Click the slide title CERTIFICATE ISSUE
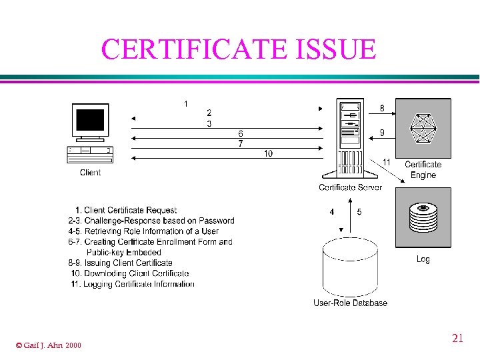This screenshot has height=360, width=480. coord(239,49)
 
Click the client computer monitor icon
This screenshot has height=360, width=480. coord(90,121)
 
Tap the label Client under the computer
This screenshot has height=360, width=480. coord(90,173)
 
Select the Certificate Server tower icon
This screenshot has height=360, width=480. coord(350,140)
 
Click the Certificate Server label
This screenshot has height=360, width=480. coord(351,187)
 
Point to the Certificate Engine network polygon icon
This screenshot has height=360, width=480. coord(423,128)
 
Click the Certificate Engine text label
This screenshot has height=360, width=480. coord(423,169)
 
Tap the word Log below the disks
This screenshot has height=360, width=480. coord(423,259)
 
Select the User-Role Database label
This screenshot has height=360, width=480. coord(350,303)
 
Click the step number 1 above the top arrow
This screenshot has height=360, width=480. coord(185,103)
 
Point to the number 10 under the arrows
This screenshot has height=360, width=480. coord(268,153)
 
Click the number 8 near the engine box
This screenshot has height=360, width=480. coord(382,108)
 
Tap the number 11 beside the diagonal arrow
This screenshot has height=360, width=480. coord(387,162)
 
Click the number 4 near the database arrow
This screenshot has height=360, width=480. coord(332,212)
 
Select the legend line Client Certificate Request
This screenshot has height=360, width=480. coord(127,210)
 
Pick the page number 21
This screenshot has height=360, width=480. coord(457,339)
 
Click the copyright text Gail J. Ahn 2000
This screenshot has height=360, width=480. coord(48,345)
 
